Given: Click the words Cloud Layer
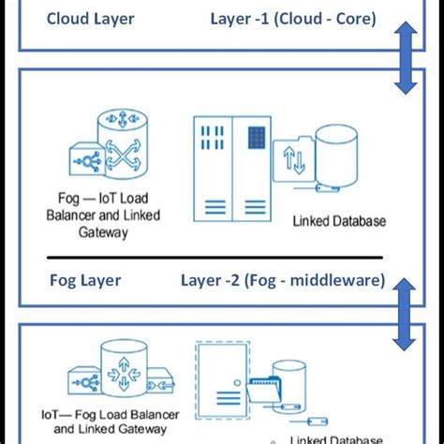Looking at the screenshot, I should (x=90, y=18).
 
